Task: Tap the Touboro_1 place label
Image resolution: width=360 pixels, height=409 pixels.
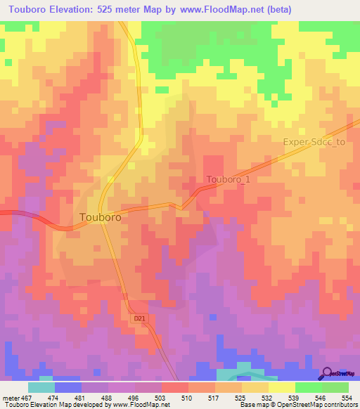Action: click(228, 180)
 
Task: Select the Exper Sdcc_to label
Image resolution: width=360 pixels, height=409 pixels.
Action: click(314, 141)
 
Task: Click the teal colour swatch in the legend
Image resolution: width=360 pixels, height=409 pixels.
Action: click(41, 387)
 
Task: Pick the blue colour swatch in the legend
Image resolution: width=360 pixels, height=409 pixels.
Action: click(68, 387)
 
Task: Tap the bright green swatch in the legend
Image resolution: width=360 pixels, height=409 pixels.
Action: click(309, 387)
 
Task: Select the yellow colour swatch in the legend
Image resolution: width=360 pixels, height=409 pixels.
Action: click(281, 387)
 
